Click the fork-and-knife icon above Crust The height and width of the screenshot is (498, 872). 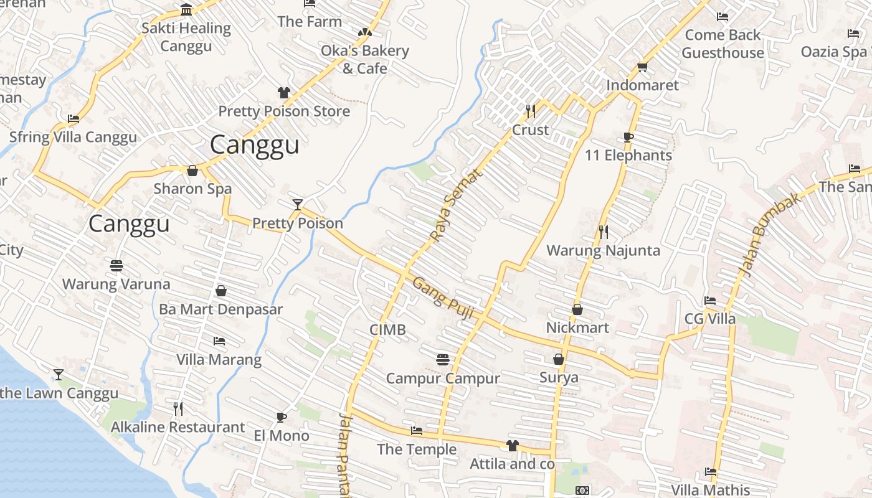(x=531, y=111)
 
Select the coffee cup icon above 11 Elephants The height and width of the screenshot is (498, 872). (x=628, y=137)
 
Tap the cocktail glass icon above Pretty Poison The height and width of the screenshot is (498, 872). (x=298, y=204)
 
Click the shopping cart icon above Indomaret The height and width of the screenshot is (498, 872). (x=642, y=67)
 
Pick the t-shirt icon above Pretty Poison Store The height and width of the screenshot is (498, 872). (x=284, y=93)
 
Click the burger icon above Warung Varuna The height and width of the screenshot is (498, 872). (x=116, y=266)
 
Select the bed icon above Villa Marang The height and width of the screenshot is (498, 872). (x=219, y=341)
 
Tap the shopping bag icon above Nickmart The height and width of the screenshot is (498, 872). (x=577, y=309)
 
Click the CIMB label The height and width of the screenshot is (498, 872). (x=387, y=330)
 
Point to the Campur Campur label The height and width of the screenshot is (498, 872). (x=443, y=378)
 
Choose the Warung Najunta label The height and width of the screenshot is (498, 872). (x=603, y=250)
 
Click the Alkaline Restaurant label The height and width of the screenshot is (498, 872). (x=178, y=427)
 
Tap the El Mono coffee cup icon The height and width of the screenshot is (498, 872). (x=282, y=417)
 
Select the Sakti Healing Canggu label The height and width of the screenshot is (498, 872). (x=186, y=37)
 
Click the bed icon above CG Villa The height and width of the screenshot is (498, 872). (x=709, y=301)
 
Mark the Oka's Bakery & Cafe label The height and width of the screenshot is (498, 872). (x=365, y=59)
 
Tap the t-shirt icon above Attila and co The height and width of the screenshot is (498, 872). (x=512, y=446)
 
